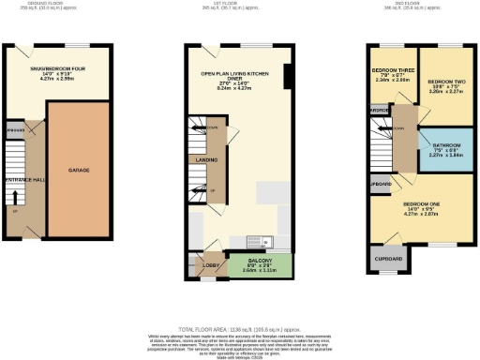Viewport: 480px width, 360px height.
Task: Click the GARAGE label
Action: tap(80, 171)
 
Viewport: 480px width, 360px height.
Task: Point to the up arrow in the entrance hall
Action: tap(14, 198)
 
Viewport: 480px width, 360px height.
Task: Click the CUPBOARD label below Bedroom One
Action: tap(388, 259)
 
